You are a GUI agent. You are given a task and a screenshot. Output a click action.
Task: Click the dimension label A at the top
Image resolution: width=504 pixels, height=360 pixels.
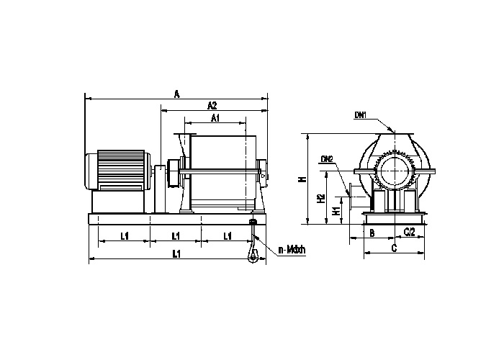(x=176, y=93)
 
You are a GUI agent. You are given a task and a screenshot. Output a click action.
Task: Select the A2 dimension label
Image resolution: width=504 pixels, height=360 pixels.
(x=212, y=105)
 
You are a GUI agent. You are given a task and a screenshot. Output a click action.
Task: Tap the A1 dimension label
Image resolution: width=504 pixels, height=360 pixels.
(x=215, y=117)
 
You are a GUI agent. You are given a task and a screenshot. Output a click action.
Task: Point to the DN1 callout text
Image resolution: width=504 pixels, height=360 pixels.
(x=361, y=114)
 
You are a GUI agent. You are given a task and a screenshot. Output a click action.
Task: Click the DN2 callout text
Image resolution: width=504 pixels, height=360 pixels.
(x=326, y=158)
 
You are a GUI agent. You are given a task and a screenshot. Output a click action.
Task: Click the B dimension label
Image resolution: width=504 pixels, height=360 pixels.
(x=372, y=233)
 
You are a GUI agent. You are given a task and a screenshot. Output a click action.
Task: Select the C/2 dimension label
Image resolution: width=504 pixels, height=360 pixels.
(x=408, y=232)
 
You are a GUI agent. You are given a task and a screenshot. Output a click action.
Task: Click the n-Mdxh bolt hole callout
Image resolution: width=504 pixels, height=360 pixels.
(x=292, y=251)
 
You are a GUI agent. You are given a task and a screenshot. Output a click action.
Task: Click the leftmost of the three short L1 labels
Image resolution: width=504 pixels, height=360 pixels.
(x=124, y=235)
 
